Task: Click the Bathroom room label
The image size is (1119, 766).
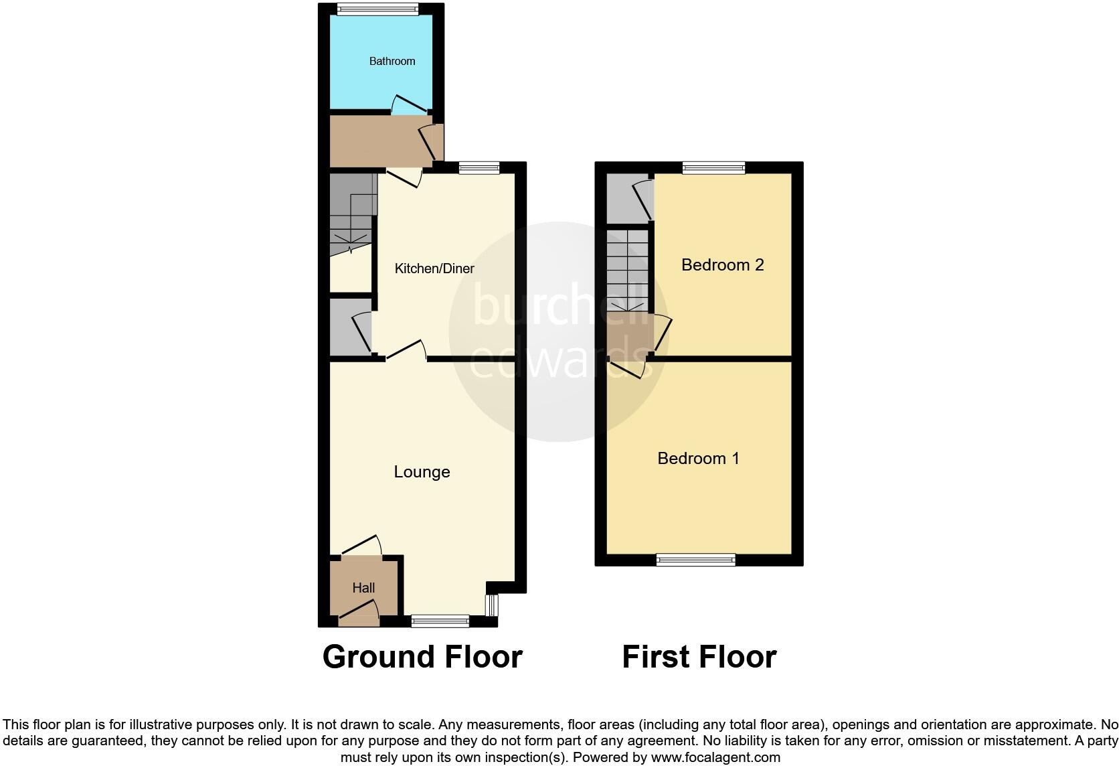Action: point(392,61)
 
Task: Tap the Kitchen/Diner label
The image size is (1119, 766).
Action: point(434,269)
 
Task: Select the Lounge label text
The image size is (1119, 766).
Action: point(422,472)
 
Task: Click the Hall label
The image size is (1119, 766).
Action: point(363,588)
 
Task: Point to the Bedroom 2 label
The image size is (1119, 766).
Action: point(722,264)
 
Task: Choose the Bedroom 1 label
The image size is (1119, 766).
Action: point(698,458)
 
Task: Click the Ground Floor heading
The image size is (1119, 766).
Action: point(422,657)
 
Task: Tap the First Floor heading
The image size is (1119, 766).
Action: point(699,657)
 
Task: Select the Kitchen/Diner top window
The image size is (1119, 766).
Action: point(479,168)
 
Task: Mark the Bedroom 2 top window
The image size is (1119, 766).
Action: point(713,167)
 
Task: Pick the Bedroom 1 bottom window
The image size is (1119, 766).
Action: point(695,560)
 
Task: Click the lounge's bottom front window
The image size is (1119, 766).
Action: point(440,621)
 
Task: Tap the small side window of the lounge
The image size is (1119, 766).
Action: point(492,605)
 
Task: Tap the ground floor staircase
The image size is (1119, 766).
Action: point(351,214)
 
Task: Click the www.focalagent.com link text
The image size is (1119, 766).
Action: point(715,758)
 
